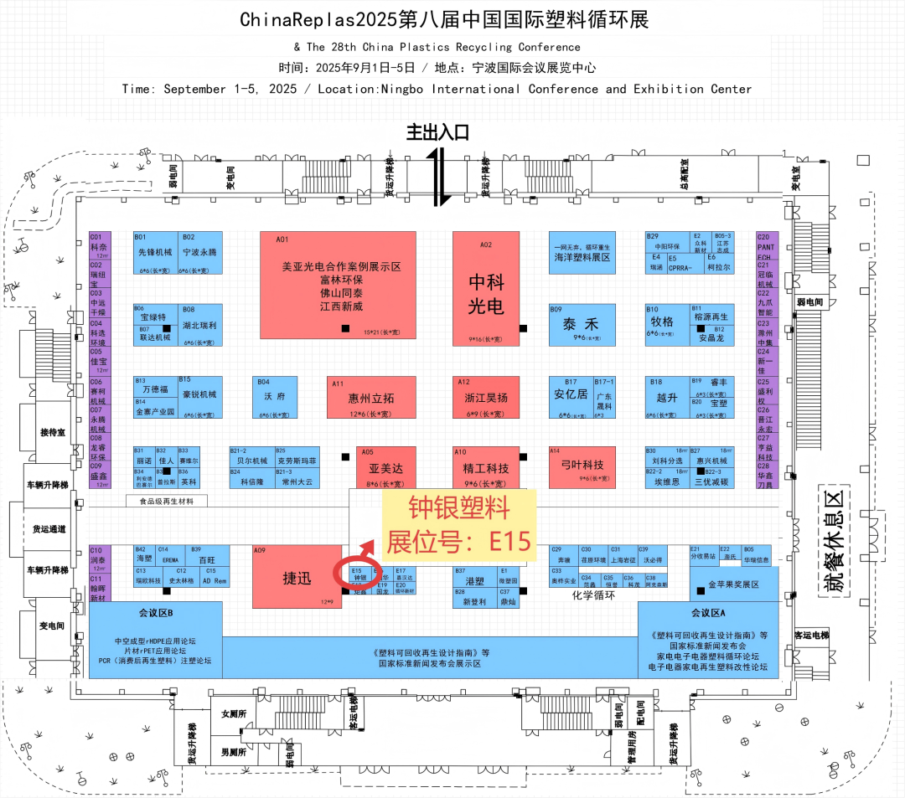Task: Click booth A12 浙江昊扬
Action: [485, 398]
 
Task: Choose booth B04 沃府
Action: [274, 397]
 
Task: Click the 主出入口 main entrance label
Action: [437, 131]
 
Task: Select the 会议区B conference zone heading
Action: [155, 613]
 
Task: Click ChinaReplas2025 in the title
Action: [321, 19]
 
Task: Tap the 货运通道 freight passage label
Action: [49, 529]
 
